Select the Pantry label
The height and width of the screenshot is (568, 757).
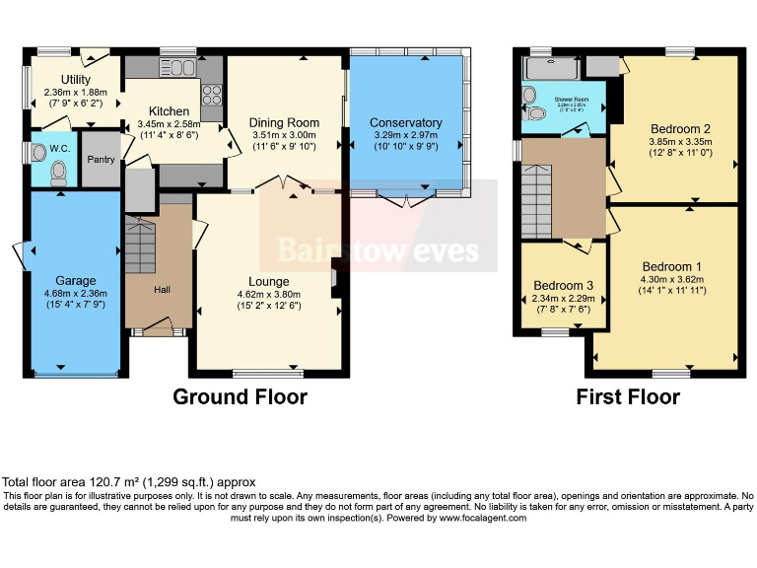(x=102, y=159)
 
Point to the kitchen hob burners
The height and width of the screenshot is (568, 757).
(x=212, y=94)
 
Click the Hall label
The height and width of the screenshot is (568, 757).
(x=162, y=290)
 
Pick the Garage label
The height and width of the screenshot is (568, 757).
(x=75, y=280)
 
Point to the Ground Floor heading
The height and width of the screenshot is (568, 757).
(x=240, y=397)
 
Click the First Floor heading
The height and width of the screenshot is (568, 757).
(x=628, y=397)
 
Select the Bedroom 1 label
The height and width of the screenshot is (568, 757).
(x=672, y=266)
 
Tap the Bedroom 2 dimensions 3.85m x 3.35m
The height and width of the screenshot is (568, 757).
(x=680, y=147)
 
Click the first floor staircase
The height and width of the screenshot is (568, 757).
(x=536, y=202)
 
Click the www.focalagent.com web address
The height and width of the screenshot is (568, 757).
(x=483, y=517)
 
